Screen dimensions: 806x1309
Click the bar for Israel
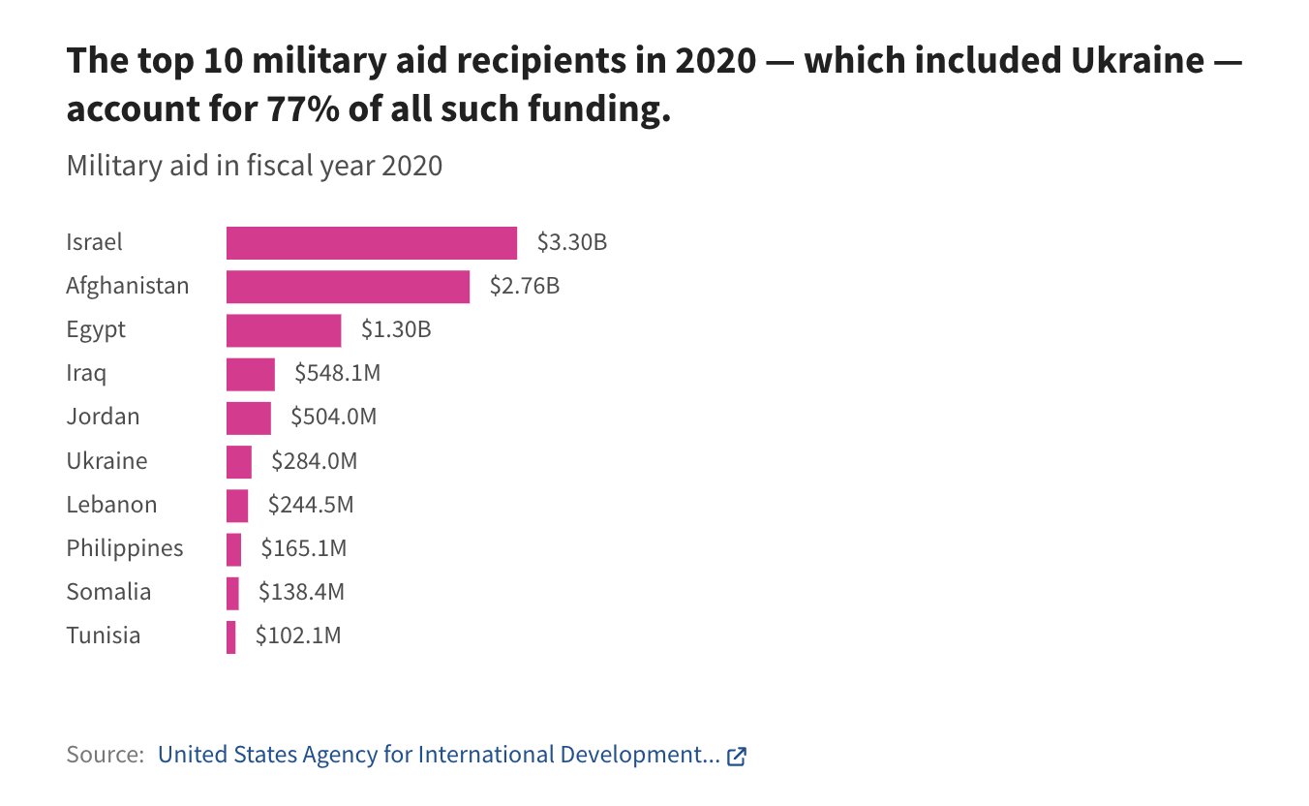tap(371, 242)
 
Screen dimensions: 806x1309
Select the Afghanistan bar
tap(348, 287)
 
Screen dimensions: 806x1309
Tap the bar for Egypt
tap(284, 330)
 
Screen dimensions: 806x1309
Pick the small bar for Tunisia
tap(231, 636)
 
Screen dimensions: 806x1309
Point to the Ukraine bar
tap(239, 462)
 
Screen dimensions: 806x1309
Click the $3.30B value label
tap(572, 242)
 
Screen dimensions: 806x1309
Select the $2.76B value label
tap(525, 287)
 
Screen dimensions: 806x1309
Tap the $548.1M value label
tap(338, 374)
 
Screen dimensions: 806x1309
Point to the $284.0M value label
tap(314, 462)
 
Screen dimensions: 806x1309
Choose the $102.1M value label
tap(298, 636)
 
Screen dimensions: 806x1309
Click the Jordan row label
tap(103, 418)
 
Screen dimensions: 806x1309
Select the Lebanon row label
tap(111, 505)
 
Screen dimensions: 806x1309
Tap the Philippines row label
tap(125, 549)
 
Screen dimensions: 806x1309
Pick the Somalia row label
tap(108, 592)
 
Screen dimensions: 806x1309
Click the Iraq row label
tap(86, 374)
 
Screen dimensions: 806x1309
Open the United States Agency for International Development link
tap(439, 756)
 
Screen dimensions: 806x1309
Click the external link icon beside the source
tap(737, 757)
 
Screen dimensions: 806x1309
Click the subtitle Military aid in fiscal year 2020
tap(255, 166)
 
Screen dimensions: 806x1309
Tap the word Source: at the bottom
tap(105, 756)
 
